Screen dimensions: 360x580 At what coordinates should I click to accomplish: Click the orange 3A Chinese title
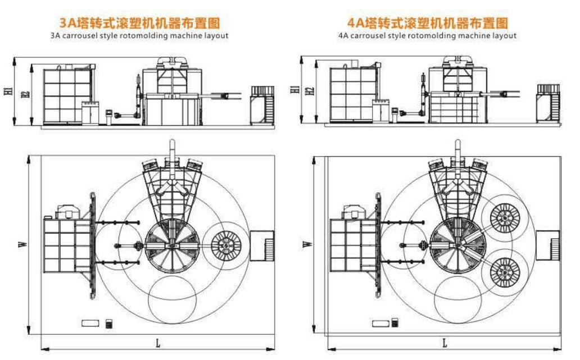point(139,23)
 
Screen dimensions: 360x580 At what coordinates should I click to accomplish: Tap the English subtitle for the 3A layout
point(139,35)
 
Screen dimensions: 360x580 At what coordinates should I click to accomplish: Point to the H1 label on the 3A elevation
point(8,91)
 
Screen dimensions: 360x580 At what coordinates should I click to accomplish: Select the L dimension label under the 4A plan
point(445,342)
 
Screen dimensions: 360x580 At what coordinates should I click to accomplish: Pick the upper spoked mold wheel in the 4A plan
point(505,218)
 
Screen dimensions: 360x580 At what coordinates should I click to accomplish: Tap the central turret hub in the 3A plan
point(171,245)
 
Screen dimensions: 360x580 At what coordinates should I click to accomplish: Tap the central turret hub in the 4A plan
point(456,245)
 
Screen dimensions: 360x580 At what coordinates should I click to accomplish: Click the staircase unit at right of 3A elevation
point(262,104)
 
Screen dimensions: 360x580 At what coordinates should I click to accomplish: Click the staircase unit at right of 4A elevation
point(548,103)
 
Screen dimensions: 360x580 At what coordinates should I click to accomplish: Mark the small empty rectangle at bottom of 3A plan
point(90,323)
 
